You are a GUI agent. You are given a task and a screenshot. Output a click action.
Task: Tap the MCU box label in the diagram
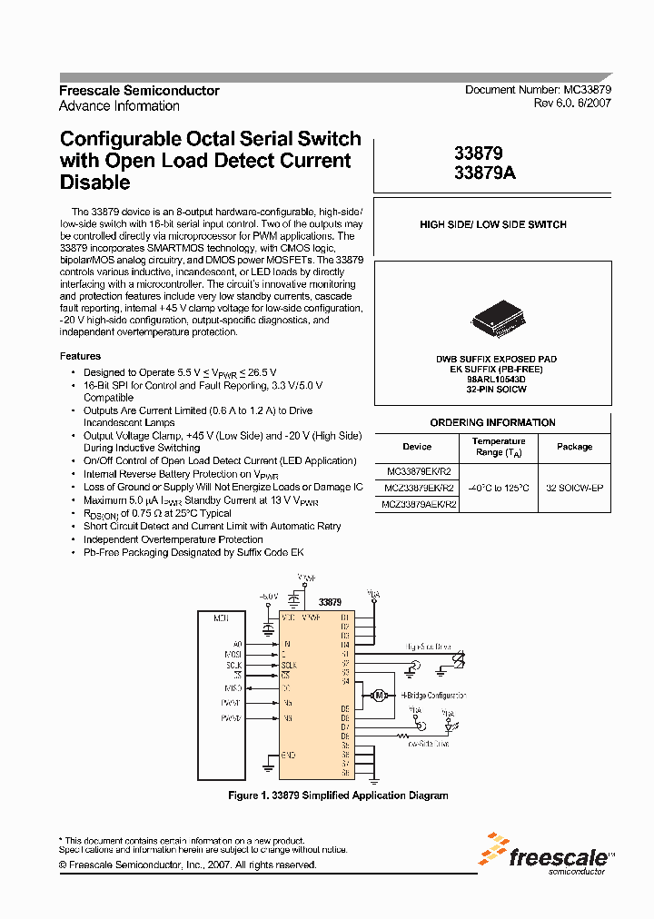221,618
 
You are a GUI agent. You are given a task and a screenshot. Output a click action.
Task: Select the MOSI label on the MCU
233,654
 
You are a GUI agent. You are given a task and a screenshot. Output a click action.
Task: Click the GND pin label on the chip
289,755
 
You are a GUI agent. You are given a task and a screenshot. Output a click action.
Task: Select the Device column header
417,447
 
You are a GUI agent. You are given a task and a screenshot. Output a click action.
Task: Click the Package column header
574,447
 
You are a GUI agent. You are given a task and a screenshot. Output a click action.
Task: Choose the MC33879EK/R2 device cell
419,472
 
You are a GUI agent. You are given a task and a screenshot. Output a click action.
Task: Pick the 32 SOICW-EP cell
574,488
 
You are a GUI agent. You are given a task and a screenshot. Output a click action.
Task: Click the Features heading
80,356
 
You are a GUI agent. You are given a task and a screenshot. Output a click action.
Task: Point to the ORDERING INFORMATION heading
492,422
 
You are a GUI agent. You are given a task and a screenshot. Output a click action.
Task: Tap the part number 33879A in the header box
484,174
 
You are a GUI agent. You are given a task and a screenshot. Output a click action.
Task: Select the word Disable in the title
94,183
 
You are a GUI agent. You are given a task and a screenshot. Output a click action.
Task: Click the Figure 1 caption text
337,795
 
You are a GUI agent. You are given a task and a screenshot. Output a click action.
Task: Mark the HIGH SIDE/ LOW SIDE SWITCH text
492,224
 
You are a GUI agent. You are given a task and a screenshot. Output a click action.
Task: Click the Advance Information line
119,106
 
